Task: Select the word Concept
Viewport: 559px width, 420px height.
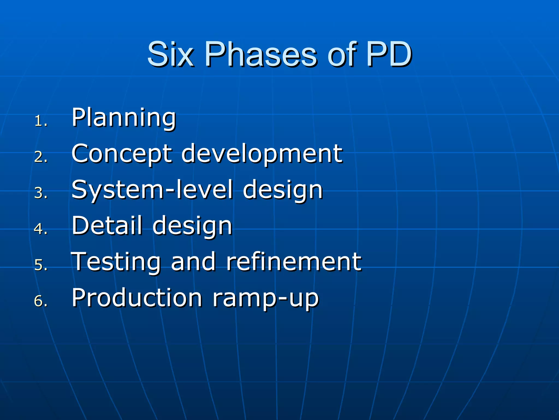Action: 122,154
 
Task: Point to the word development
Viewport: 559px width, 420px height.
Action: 262,154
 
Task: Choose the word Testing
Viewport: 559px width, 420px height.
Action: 116,262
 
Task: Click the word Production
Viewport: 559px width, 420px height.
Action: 137,298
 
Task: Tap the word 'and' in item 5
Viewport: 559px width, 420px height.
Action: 193,262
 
